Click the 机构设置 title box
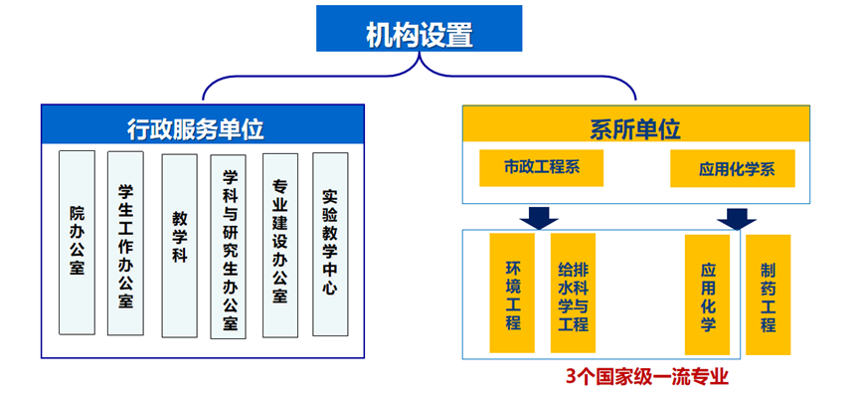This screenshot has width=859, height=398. [419, 30]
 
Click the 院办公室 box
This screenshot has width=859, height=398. [77, 242]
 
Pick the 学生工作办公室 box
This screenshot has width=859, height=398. [126, 245]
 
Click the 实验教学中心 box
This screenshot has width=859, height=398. [331, 243]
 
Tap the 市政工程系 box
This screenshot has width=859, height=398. [542, 167]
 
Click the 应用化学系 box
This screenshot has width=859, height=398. [734, 168]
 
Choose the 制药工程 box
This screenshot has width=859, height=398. [768, 295]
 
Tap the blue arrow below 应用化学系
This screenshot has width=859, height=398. [737, 217]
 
